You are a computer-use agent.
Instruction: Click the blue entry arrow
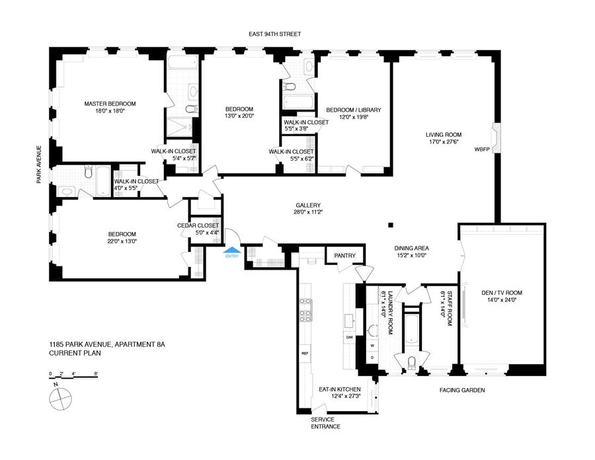point(232,250)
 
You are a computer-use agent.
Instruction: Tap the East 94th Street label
point(275,34)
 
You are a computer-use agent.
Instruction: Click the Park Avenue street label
point(39,165)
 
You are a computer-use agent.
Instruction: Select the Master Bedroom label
point(110,104)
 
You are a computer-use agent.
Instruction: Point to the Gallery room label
point(308,205)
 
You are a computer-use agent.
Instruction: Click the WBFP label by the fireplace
point(482,149)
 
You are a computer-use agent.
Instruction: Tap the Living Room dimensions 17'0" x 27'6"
point(444,142)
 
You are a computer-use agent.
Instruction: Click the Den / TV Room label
point(502,293)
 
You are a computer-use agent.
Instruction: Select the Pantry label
point(344,256)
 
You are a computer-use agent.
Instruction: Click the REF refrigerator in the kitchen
point(305,353)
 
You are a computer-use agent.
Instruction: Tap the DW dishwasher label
point(349,337)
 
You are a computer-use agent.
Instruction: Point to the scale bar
point(73,377)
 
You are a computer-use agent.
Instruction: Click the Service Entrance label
point(325,423)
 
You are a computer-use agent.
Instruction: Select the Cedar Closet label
point(198,225)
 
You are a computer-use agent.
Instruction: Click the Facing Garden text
point(462,390)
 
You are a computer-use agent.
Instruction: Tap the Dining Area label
point(411,248)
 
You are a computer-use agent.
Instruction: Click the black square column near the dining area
point(391,225)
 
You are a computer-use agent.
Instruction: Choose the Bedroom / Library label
point(354,110)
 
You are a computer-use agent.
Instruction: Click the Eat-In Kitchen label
point(340,389)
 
